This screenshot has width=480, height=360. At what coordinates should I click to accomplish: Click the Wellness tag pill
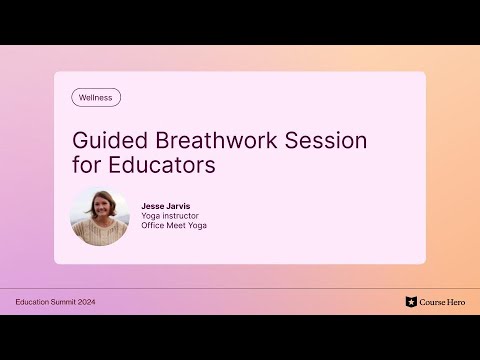[96, 98]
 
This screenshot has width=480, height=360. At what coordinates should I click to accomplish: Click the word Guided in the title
[105, 140]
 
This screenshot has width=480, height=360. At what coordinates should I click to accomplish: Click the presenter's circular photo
[100, 217]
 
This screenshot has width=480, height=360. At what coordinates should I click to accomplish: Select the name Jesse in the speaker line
[154, 204]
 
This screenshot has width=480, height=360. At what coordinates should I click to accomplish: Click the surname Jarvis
[180, 204]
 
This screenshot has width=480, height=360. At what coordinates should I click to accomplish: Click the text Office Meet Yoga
[174, 225]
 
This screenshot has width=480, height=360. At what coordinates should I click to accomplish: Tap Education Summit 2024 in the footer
[56, 302]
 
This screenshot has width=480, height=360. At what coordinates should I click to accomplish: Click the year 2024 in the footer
[87, 302]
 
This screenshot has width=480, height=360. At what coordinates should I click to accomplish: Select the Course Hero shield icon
[411, 302]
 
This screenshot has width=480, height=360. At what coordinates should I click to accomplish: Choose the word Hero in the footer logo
[454, 302]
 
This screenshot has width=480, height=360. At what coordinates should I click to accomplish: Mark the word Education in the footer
[31, 302]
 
